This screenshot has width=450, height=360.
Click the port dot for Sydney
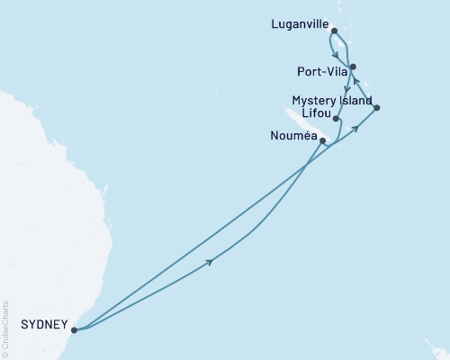click(x=75, y=329)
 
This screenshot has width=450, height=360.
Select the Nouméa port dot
click(x=322, y=140)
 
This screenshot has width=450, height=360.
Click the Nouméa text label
click(x=292, y=138)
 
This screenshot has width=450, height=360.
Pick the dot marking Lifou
click(x=335, y=119)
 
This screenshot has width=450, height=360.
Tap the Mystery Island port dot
click(x=376, y=108)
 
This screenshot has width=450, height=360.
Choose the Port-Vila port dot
click(x=353, y=66)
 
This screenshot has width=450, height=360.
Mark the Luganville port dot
click(x=335, y=31)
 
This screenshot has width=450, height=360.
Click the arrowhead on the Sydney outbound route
click(x=211, y=262)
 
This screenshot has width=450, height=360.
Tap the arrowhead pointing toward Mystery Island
click(x=356, y=127)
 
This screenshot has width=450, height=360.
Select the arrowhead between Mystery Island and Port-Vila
click(x=356, y=83)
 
